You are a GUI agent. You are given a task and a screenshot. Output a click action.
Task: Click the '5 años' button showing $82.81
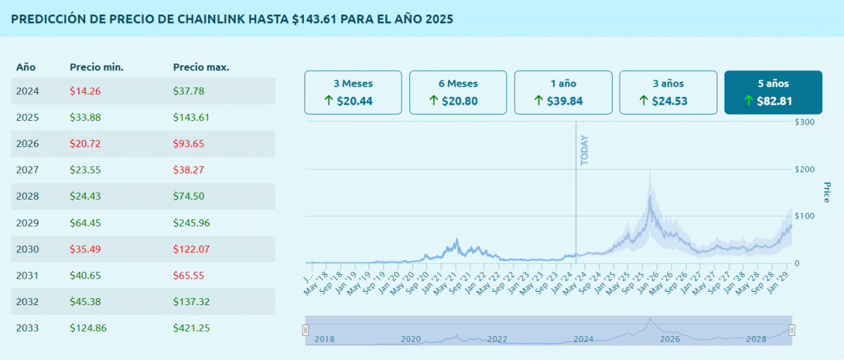[773, 92]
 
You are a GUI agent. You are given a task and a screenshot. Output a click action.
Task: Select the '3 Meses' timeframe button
[353, 92]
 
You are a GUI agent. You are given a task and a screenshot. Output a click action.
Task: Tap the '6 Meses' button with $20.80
[458, 92]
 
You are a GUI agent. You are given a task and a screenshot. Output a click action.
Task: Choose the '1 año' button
[563, 92]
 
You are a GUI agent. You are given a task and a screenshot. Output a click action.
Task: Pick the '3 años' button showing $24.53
[668, 92]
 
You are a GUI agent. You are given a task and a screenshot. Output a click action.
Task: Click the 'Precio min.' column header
[96, 67]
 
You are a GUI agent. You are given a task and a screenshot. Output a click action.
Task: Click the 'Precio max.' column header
[201, 67]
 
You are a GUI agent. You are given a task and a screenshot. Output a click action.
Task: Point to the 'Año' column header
[26, 67]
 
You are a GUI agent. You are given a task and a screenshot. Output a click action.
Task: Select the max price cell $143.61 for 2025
[191, 117]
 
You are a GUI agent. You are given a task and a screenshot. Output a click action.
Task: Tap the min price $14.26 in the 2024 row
[84, 91]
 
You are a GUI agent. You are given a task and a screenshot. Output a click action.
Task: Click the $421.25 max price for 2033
[191, 328]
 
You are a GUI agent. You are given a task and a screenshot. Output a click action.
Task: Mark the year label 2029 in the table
[27, 223]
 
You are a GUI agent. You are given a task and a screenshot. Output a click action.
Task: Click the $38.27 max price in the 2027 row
[188, 170]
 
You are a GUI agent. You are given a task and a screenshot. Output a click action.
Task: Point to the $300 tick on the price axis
[805, 122]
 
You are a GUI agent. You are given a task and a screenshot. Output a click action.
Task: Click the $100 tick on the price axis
[805, 216]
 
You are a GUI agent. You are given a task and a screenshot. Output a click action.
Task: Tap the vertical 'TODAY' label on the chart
[584, 150]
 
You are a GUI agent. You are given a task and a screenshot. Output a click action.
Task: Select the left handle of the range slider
[305, 330]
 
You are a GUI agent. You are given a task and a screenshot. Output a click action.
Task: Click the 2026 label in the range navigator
[670, 339]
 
